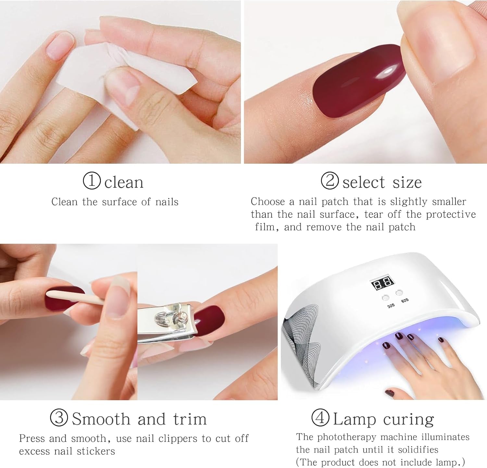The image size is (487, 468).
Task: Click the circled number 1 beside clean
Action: pos(92,181)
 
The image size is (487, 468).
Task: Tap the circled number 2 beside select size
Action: pos(330,181)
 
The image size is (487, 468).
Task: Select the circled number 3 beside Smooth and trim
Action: pos(59,418)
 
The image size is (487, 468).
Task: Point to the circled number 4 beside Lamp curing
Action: pos(320,418)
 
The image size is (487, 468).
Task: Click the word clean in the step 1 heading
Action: pos(124,183)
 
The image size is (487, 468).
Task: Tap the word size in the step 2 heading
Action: pos(407,183)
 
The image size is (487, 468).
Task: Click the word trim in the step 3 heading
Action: pos(190,419)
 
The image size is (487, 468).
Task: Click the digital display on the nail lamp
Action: pos(382,284)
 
